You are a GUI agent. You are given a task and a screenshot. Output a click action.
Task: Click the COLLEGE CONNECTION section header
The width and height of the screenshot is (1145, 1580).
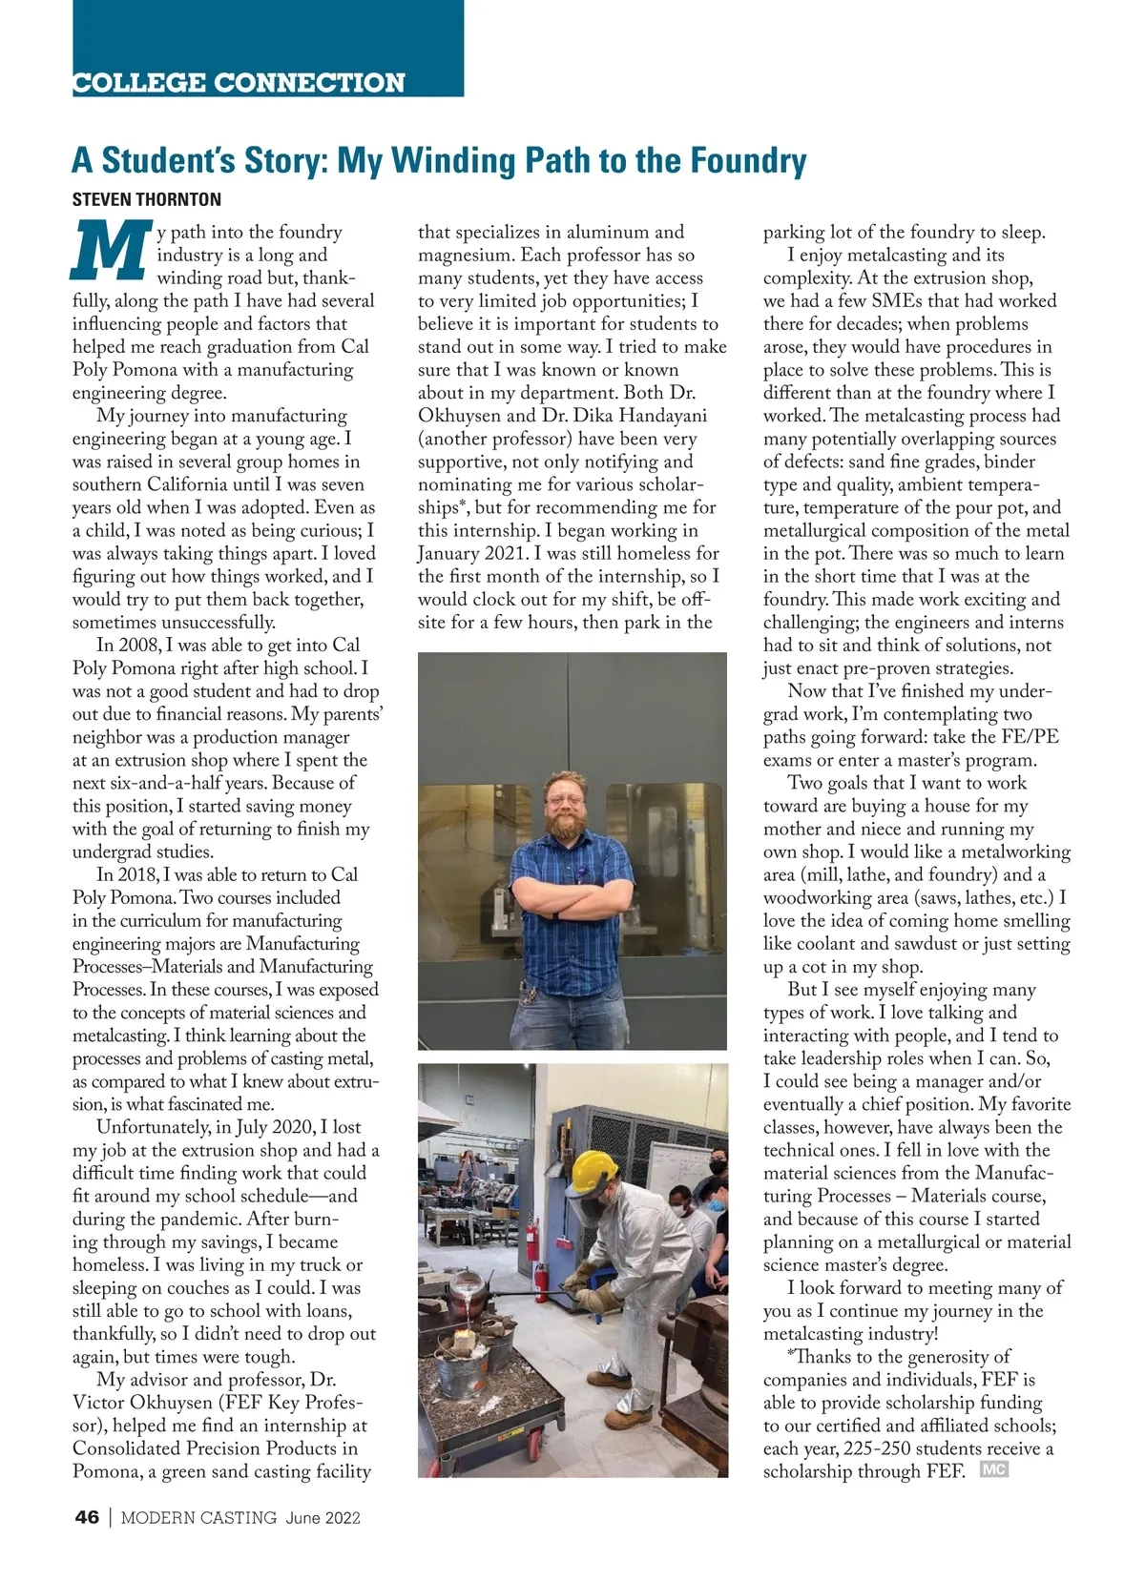pos(239,83)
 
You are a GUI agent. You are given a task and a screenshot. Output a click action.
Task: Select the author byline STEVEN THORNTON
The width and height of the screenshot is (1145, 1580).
pos(146,200)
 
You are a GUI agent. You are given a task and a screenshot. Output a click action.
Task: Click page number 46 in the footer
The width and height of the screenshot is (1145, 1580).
pos(87,1518)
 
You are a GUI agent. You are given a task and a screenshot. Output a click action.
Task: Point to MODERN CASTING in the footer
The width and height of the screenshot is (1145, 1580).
pos(198,1518)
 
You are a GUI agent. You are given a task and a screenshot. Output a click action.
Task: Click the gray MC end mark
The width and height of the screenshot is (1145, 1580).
pos(993,1469)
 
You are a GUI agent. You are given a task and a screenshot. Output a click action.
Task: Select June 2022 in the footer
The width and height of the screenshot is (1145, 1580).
pos(323,1518)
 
